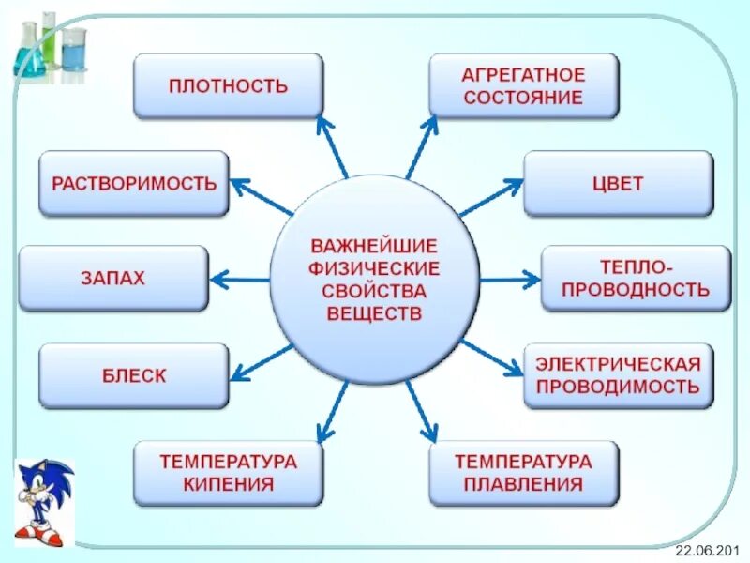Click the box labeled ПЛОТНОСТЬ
(228, 86)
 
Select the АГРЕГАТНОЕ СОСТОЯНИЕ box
(523, 86)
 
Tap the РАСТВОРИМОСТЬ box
(134, 183)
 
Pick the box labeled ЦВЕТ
(618, 183)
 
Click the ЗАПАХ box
(112, 278)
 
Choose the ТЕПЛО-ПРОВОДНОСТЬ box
(636, 278)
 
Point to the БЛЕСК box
(134, 375)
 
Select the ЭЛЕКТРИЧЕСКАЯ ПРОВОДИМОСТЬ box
(618, 375)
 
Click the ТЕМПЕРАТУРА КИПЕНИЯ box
(228, 473)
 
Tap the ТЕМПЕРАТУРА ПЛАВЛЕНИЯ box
(523, 473)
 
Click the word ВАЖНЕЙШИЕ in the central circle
(374, 246)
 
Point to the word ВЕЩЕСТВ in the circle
(374, 313)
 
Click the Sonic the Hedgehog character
(42, 502)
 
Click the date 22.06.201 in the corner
(712, 548)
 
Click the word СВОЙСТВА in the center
(374, 291)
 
